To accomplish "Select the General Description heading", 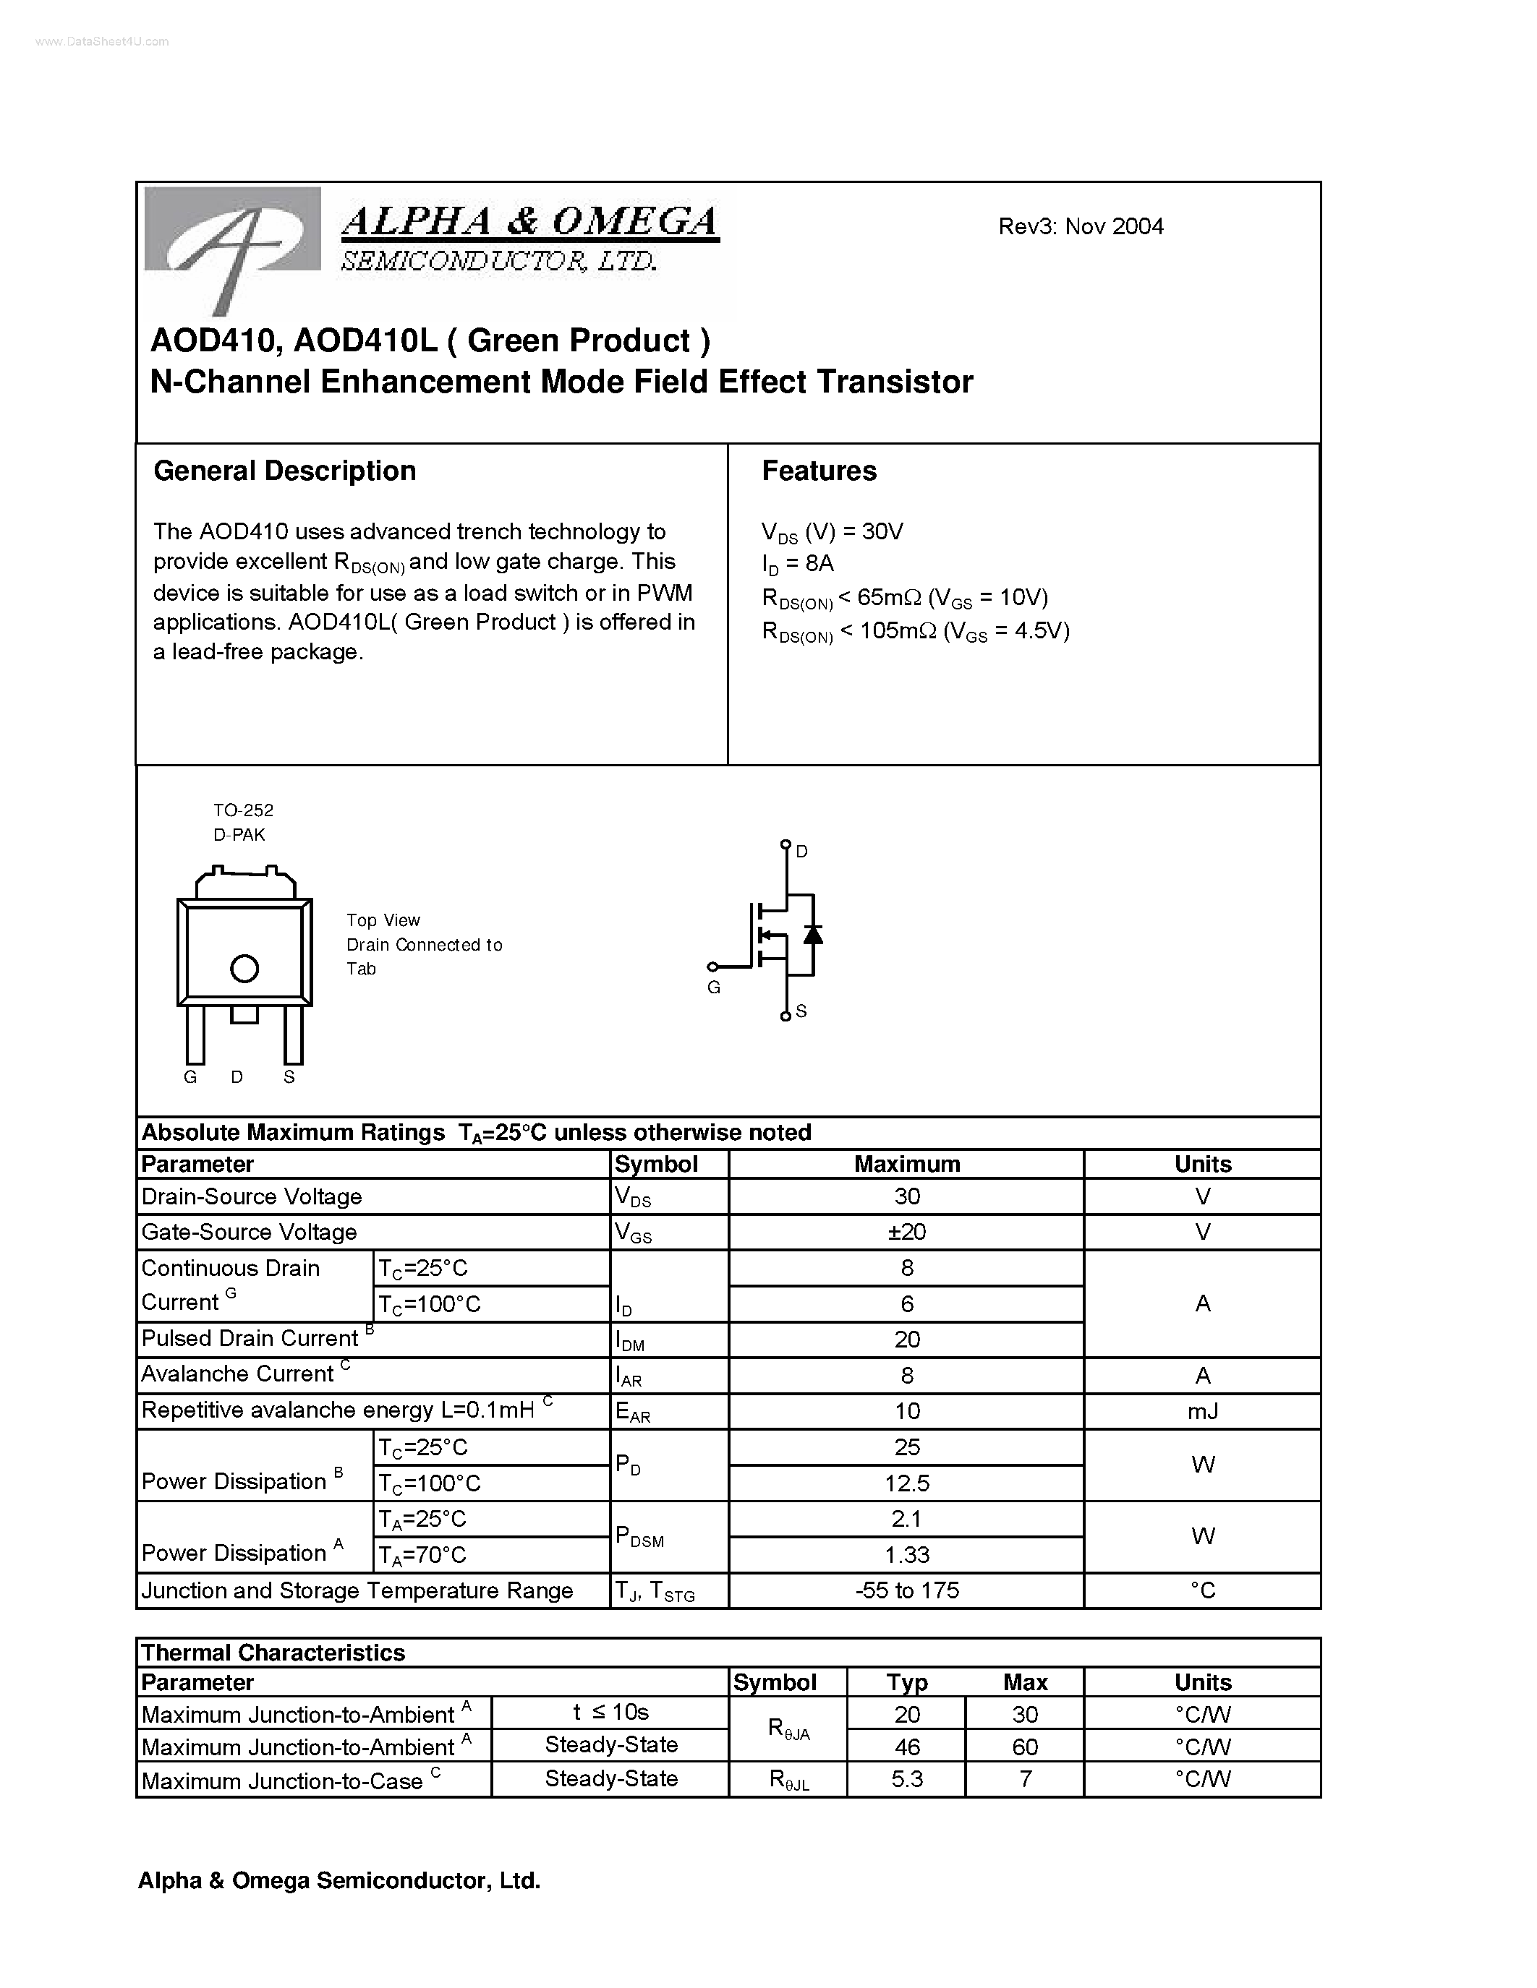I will coord(284,471).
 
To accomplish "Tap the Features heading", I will coord(819,471).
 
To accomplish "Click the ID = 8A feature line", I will coord(798,565).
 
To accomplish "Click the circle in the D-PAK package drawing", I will coord(244,969).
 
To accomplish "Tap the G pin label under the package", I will coord(190,1077).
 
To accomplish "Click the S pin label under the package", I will coord(289,1077).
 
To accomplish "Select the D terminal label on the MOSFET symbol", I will coord(801,851).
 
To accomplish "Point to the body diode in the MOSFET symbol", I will coord(812,934).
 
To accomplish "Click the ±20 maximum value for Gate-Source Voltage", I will coord(906,1232).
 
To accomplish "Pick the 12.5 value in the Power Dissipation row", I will coord(906,1483).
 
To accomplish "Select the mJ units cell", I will coord(1202,1411).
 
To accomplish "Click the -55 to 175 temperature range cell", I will coord(906,1590).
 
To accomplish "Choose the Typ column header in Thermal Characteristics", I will coord(906,1682).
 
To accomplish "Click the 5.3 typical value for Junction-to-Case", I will coord(906,1778).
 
